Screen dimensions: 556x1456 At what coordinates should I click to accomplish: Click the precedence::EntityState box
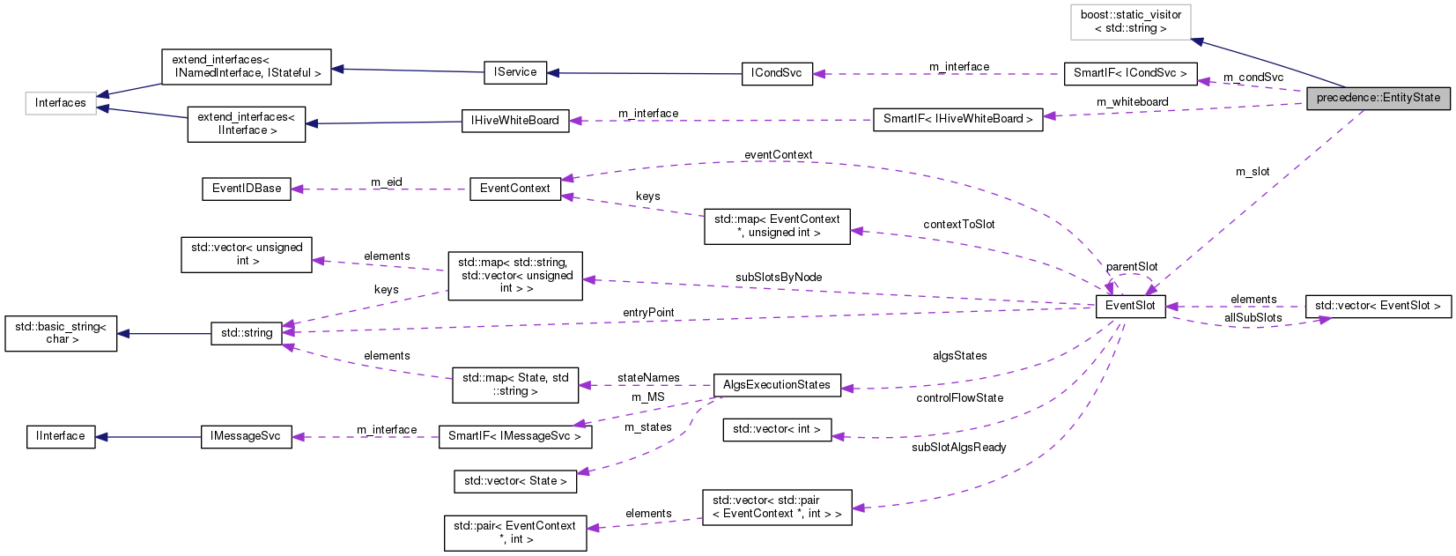pyautogui.click(x=1378, y=98)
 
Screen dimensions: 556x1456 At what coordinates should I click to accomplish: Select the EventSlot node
pyautogui.click(x=1130, y=306)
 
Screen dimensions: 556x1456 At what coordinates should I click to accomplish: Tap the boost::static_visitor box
pyautogui.click(x=1131, y=22)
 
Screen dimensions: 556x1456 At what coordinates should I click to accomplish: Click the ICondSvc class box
pyautogui.click(x=776, y=73)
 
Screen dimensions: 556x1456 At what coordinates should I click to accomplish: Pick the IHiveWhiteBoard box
pyautogui.click(x=515, y=121)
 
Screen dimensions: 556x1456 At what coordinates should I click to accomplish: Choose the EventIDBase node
pyautogui.click(x=247, y=189)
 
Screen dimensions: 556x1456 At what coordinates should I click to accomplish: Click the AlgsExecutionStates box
pyautogui.click(x=776, y=385)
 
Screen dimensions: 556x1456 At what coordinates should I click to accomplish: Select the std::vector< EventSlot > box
pyautogui.click(x=1378, y=306)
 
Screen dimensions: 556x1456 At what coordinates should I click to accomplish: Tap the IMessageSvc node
pyautogui.click(x=246, y=436)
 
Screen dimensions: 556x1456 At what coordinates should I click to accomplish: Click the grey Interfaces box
pyautogui.click(x=61, y=103)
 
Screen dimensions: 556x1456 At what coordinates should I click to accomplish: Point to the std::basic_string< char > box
pyautogui.click(x=61, y=333)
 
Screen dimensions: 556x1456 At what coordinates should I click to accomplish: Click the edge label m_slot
pyautogui.click(x=1252, y=172)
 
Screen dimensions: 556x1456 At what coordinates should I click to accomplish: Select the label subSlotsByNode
pyautogui.click(x=778, y=278)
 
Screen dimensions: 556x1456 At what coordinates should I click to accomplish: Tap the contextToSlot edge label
pyautogui.click(x=958, y=225)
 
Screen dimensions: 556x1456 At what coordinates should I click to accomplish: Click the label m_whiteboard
pyautogui.click(x=1132, y=102)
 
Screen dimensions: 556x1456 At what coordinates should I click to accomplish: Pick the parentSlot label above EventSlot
pyautogui.click(x=1132, y=267)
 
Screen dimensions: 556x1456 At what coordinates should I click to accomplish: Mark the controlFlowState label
pyautogui.click(x=959, y=398)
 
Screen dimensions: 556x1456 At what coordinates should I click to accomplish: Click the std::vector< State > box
pyautogui.click(x=515, y=481)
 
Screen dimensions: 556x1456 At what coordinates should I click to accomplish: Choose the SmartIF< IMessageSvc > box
pyautogui.click(x=514, y=436)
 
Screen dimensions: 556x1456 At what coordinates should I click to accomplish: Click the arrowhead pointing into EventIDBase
pyautogui.click(x=298, y=189)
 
